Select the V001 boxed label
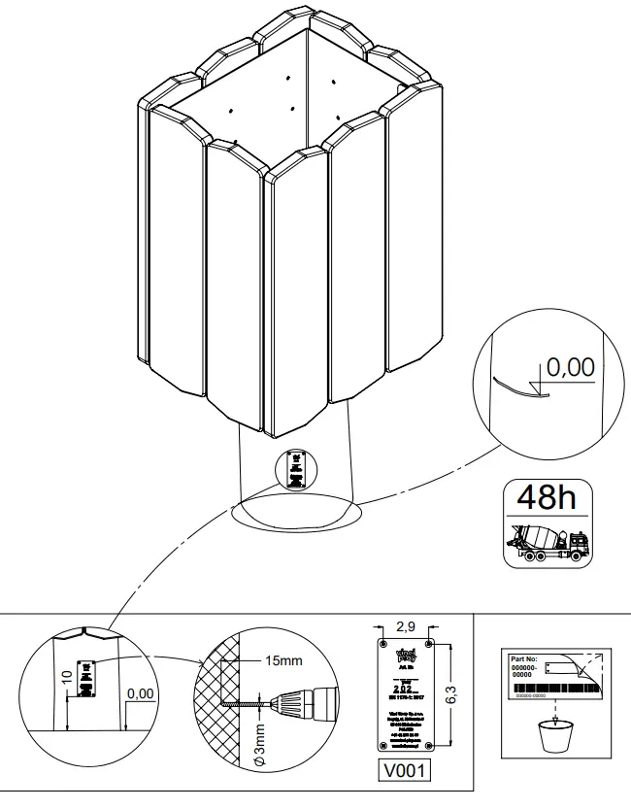(x=404, y=770)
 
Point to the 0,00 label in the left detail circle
(x=141, y=693)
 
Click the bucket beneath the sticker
(x=554, y=734)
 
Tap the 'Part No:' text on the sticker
(x=524, y=659)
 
